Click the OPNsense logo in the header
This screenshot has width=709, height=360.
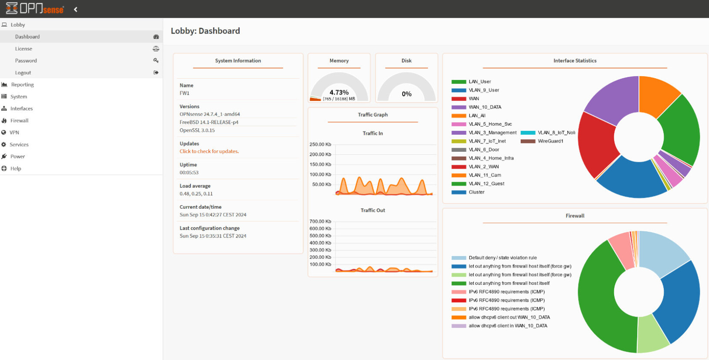click(35, 9)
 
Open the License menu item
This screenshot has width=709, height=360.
click(23, 49)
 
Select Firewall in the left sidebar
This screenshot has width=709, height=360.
click(19, 120)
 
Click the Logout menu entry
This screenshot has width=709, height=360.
click(23, 73)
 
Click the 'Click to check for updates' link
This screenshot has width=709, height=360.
click(209, 151)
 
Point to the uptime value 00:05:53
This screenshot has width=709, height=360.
click(189, 173)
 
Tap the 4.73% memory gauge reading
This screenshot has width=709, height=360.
click(339, 92)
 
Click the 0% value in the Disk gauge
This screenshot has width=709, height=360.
click(406, 94)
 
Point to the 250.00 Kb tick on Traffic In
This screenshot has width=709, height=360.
click(320, 144)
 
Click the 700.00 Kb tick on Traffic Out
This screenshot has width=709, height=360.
click(320, 221)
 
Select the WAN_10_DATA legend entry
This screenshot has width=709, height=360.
click(485, 107)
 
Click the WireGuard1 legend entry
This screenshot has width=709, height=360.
click(550, 141)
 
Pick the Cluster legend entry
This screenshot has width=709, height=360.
click(476, 192)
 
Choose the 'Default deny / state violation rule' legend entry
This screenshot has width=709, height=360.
click(502, 258)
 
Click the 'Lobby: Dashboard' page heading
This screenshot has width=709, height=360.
click(205, 31)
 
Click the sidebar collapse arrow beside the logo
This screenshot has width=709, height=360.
click(76, 9)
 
